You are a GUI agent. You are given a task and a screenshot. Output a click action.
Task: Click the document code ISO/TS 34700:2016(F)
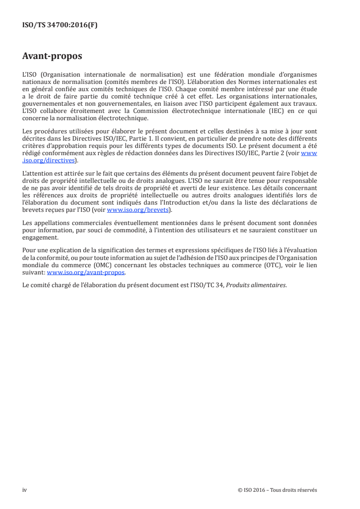point(60,25)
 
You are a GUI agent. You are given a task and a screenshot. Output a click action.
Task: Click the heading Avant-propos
point(52,57)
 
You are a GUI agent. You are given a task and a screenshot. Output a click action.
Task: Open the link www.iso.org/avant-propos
point(86,273)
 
